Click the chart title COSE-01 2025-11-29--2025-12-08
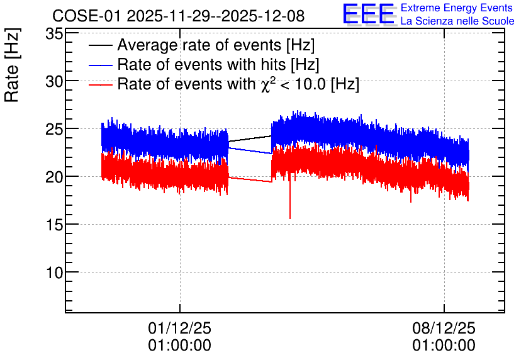[x=179, y=16]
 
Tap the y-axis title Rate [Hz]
[x=12, y=65]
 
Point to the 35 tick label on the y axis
[x=54, y=33]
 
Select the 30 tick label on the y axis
[x=54, y=81]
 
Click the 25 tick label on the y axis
[x=54, y=129]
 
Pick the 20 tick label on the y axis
[x=54, y=177]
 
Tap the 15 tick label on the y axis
[x=54, y=225]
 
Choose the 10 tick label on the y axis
[x=54, y=273]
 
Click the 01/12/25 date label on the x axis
[x=180, y=328]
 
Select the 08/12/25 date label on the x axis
[x=444, y=328]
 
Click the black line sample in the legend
[x=100, y=45]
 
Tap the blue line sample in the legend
[x=100, y=65]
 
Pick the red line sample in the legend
[x=100, y=84]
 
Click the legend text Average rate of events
[x=199, y=45]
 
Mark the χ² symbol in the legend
[x=268, y=84]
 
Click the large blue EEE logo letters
[x=369, y=14]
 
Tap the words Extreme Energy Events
[x=457, y=8]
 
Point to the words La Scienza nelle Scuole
[x=457, y=21]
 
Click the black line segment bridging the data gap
[x=250, y=139]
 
